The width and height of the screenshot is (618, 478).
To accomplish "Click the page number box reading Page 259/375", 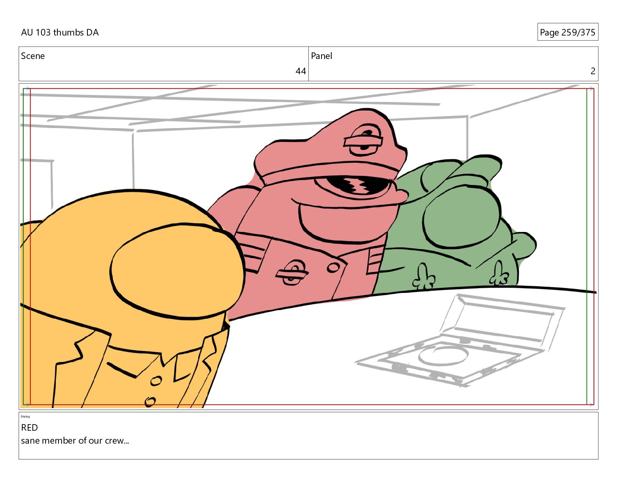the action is [x=567, y=32].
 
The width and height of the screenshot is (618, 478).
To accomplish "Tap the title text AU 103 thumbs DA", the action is [x=60, y=32].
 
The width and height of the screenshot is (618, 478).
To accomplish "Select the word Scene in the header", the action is [x=33, y=56].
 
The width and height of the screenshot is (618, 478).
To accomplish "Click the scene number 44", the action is [x=300, y=71].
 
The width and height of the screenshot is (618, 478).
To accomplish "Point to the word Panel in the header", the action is [x=321, y=56].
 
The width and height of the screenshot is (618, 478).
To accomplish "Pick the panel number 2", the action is [x=593, y=71].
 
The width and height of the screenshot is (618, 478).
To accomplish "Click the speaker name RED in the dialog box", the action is [x=29, y=427].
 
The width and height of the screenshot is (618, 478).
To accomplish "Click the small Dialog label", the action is [x=25, y=417].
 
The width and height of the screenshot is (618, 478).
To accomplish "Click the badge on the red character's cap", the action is [x=363, y=140].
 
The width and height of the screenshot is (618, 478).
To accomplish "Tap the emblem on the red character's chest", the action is [x=292, y=273].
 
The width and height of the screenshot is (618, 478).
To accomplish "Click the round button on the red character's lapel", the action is [x=333, y=268].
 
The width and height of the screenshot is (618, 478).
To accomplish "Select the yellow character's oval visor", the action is [x=177, y=271].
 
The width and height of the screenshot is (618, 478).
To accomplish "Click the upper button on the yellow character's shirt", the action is [x=156, y=381].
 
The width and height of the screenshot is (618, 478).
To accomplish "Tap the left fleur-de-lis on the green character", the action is [x=424, y=277].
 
